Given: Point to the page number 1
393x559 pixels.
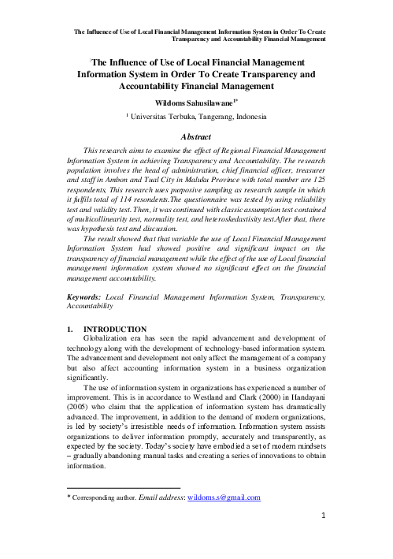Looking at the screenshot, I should click(x=323, y=542).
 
